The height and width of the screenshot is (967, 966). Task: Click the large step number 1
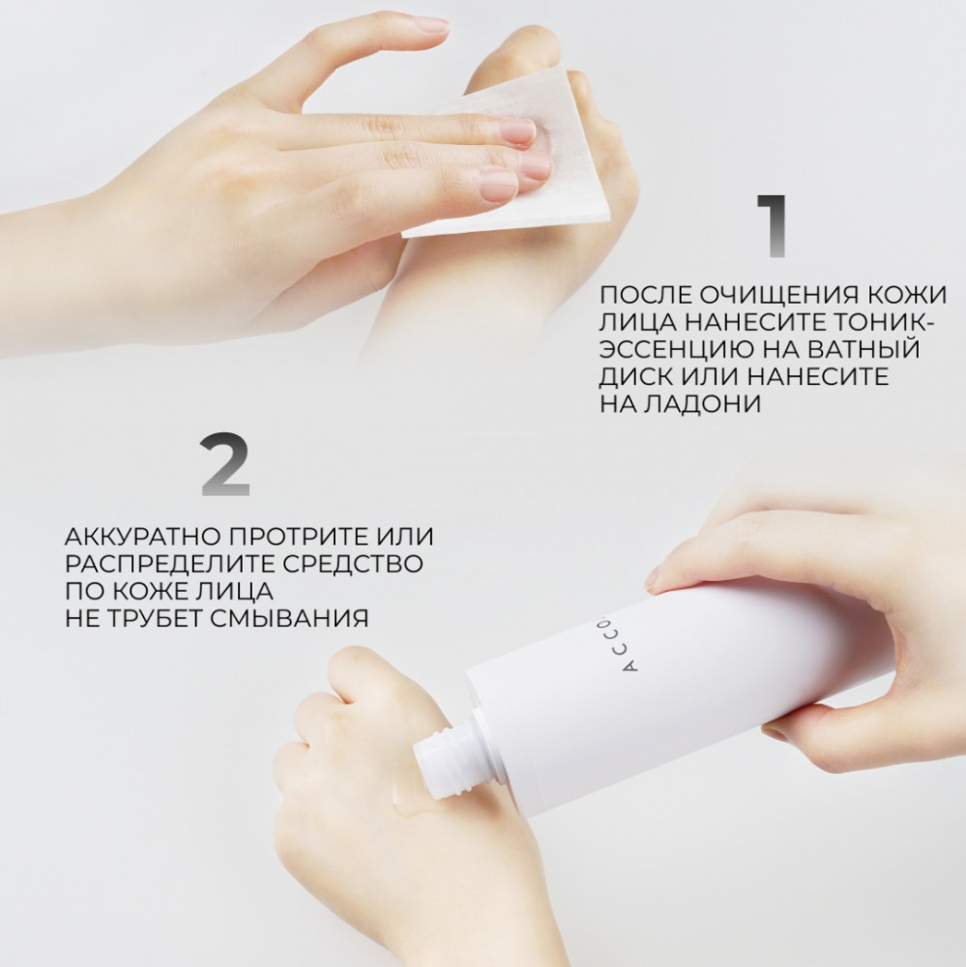(771, 225)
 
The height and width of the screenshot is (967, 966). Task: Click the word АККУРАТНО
(142, 537)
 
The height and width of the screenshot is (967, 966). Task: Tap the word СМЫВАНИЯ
(289, 618)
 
